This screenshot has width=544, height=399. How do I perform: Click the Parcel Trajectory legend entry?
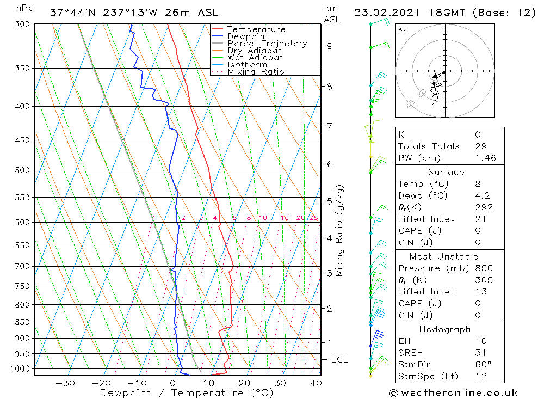click(267, 44)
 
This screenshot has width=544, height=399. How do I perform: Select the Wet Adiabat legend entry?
click(255, 58)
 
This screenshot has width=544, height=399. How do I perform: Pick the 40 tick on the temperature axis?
click(315, 383)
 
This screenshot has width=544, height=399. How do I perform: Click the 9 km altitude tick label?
click(329, 46)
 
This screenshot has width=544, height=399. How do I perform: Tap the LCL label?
click(339, 360)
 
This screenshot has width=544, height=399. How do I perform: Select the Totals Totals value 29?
click(480, 146)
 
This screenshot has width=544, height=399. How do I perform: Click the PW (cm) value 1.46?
click(484, 158)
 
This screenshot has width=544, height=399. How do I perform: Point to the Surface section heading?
click(446, 173)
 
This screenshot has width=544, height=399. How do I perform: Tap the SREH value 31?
click(480, 353)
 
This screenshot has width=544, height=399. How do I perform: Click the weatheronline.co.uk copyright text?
click(453, 393)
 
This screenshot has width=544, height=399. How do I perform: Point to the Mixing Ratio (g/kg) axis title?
click(340, 230)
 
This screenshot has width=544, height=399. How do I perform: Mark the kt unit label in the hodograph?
click(401, 29)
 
